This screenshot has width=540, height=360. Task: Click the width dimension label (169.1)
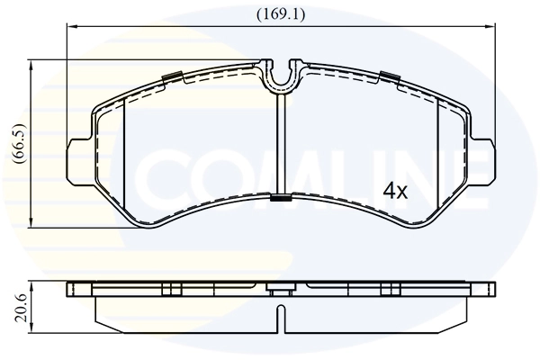click(280, 14)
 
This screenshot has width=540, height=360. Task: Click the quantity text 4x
click(395, 191)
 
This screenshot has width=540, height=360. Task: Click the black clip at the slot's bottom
click(281, 198)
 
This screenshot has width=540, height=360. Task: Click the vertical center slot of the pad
click(281, 144)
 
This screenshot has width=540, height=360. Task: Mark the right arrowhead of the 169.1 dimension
click(492, 28)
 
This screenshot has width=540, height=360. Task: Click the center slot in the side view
click(281, 316)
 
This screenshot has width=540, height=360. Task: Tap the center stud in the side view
click(281, 290)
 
